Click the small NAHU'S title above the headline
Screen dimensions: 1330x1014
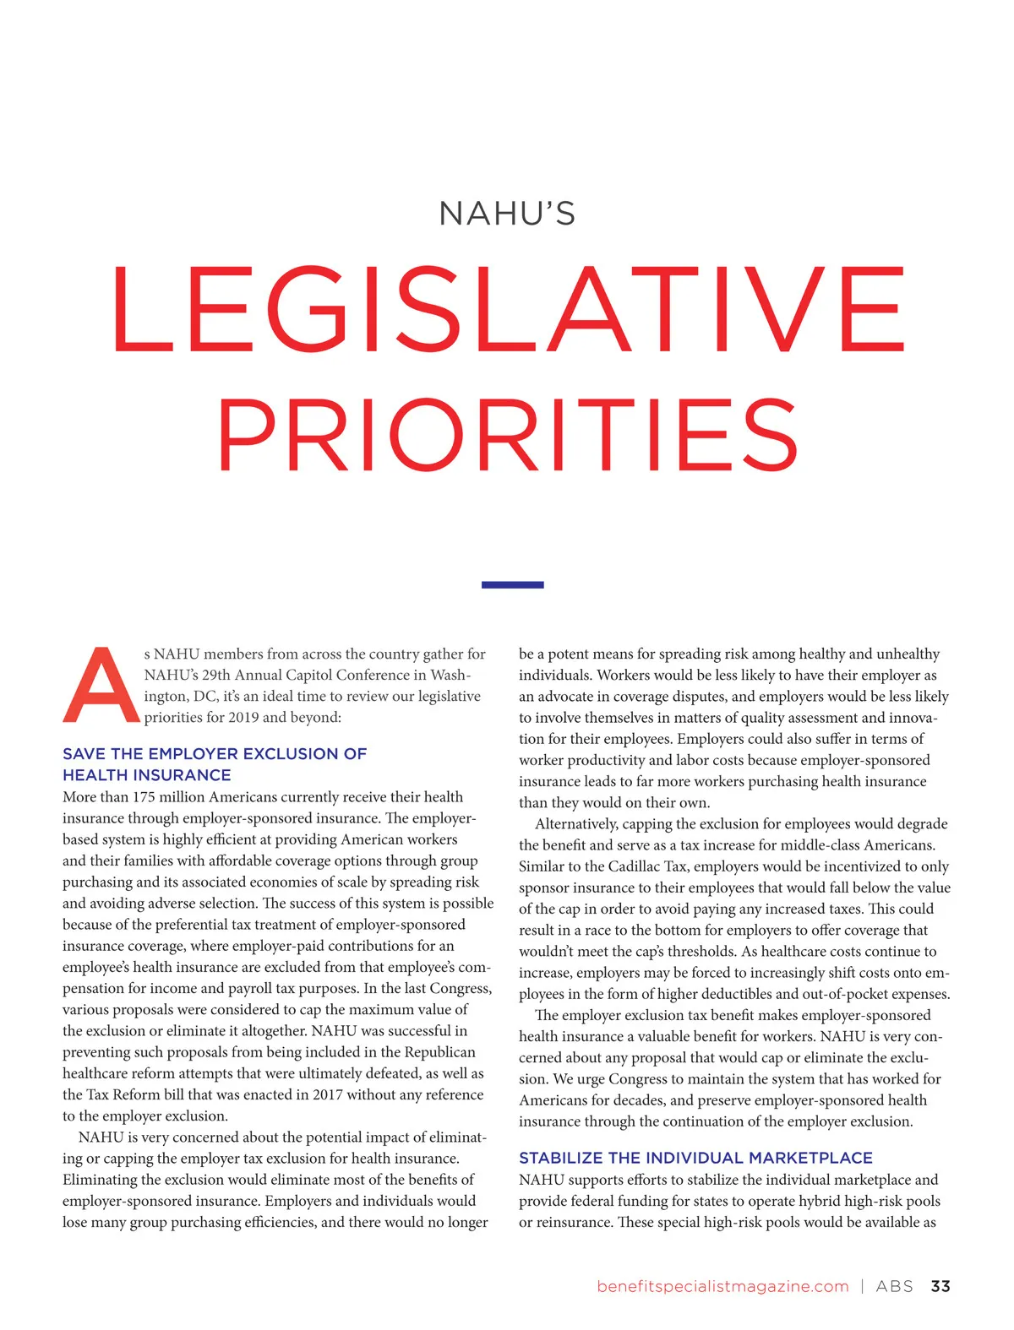pos(507,214)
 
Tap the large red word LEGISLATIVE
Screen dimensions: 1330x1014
pos(508,309)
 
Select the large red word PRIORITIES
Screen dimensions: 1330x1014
pos(508,436)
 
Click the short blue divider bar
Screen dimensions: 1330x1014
pos(512,584)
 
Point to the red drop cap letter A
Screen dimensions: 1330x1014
pos(101,686)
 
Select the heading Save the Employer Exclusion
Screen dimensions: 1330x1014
pos(215,764)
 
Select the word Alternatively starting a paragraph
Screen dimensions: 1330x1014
pos(577,823)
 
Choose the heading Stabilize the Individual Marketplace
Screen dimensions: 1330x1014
pos(695,1158)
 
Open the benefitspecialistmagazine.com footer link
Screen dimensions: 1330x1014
pos(722,1286)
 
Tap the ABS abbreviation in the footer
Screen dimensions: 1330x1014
pos(894,1286)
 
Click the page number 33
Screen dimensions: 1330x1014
pos(940,1286)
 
